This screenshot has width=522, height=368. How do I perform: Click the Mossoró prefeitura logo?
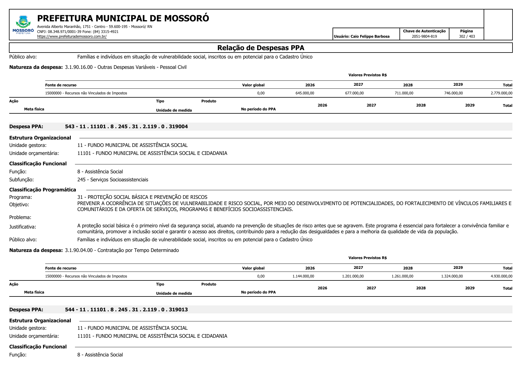(x=23, y=25)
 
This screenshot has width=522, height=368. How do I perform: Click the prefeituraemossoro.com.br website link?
(x=72, y=37)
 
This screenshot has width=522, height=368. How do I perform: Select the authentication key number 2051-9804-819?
(x=424, y=37)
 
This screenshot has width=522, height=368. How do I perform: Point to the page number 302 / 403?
(x=467, y=37)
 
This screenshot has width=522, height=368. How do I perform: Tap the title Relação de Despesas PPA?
(x=261, y=48)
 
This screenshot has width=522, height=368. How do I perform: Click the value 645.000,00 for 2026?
(x=305, y=93)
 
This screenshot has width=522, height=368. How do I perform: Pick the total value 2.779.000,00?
(x=501, y=93)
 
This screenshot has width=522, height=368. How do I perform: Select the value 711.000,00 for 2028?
(x=404, y=93)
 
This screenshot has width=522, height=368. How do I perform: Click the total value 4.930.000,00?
(x=501, y=276)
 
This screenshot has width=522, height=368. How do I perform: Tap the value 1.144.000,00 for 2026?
(x=303, y=276)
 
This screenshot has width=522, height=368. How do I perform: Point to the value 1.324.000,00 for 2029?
(x=452, y=276)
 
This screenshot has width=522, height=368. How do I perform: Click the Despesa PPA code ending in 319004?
(x=126, y=126)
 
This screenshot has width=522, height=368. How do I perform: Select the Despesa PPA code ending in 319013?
(x=126, y=310)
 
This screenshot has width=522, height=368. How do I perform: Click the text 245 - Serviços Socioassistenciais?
(x=112, y=180)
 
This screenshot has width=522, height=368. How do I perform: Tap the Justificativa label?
(x=23, y=227)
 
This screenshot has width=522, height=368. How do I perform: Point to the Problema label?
(x=20, y=217)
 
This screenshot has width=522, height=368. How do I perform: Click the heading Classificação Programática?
(x=43, y=190)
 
